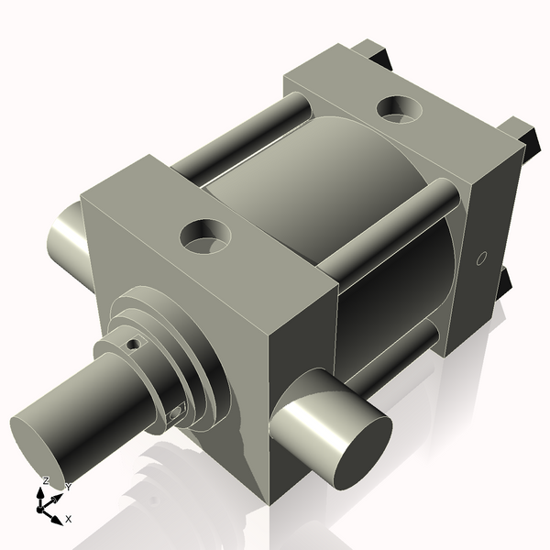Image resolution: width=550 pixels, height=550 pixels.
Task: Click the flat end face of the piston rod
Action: click(x=38, y=450)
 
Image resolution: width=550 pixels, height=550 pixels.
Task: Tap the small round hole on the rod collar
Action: click(x=134, y=345)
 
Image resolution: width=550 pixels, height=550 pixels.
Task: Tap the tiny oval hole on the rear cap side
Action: click(x=480, y=259)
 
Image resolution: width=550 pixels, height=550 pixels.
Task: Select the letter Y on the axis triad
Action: click(x=68, y=487)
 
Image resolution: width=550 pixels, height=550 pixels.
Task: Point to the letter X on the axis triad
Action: click(x=69, y=519)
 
